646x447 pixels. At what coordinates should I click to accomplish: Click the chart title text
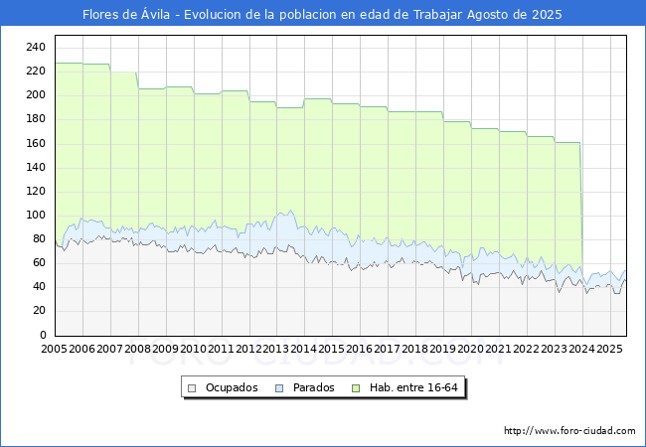tap(322, 15)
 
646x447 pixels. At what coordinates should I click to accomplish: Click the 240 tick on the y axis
tap(36, 48)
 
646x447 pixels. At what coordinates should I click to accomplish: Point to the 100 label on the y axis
tap(36, 215)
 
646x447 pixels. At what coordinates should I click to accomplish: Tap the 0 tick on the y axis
tap(43, 335)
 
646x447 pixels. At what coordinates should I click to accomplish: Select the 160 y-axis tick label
tap(36, 143)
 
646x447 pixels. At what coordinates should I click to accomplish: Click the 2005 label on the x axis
tap(55, 350)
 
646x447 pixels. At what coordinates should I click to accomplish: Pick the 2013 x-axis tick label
tap(276, 350)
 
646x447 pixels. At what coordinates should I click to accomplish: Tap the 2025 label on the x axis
tap(609, 350)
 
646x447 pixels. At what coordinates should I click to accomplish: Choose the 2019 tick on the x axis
tap(443, 350)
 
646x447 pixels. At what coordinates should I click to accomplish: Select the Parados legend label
tap(313, 387)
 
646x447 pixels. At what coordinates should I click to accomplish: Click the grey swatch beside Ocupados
tap(194, 387)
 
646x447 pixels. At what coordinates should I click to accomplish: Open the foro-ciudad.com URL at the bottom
tap(569, 431)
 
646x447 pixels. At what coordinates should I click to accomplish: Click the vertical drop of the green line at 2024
tap(580, 209)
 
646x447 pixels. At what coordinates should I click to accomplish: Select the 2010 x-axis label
tap(193, 350)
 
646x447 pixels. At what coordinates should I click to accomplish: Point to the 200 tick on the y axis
tap(36, 95)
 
